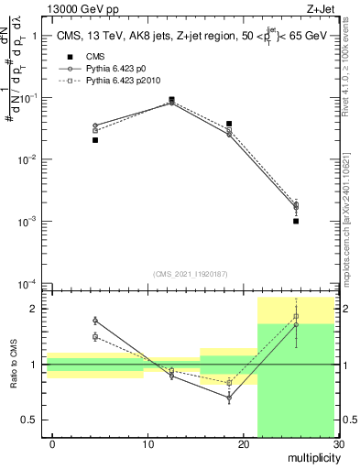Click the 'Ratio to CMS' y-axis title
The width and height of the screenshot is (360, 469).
(13, 365)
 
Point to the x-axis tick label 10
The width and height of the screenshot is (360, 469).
(147, 444)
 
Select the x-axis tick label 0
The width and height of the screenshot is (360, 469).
(52, 444)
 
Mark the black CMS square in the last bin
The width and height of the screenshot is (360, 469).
(296, 221)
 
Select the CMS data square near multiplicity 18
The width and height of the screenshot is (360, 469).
(229, 124)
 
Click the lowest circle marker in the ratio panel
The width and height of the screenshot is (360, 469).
(229, 398)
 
